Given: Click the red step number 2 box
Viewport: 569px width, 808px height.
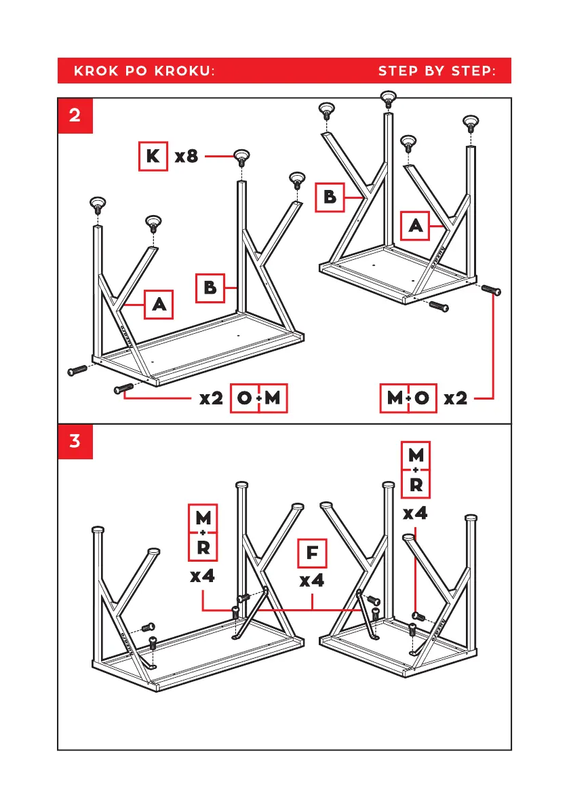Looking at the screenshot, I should pos(75,115).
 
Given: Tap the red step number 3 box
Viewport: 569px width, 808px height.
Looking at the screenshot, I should pos(75,441).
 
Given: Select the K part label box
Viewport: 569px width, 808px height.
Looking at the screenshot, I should pos(153,157).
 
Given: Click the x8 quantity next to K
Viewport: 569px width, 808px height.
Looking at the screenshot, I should pos(187,157).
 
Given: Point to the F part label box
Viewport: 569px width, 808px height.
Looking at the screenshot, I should pos(312,554).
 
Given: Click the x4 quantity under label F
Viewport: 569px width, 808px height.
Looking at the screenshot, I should pos(312,581).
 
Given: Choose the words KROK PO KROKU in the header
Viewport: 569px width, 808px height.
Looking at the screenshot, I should pos(144,71).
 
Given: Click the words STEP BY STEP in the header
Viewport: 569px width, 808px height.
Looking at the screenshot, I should pos(436,71).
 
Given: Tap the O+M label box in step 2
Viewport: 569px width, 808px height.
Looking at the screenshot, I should pos(260,398).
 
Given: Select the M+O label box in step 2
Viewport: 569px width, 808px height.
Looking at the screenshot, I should pos(408,398).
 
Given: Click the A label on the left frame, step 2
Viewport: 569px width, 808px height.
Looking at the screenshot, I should pos(159,305).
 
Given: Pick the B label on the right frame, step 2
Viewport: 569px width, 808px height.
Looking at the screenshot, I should pos(330,197).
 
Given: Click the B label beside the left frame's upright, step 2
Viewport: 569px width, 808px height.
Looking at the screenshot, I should pos(210,288).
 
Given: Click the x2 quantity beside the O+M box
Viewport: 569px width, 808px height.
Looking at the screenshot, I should pos(212,398).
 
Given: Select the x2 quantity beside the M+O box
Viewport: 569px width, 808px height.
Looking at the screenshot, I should pos(456,398).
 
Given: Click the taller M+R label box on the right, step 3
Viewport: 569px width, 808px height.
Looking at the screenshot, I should pos(416,469).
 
